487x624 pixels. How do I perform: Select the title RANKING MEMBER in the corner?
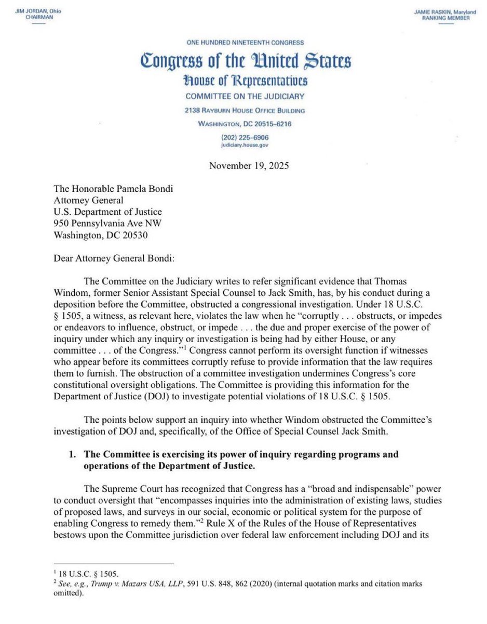[450, 18]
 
